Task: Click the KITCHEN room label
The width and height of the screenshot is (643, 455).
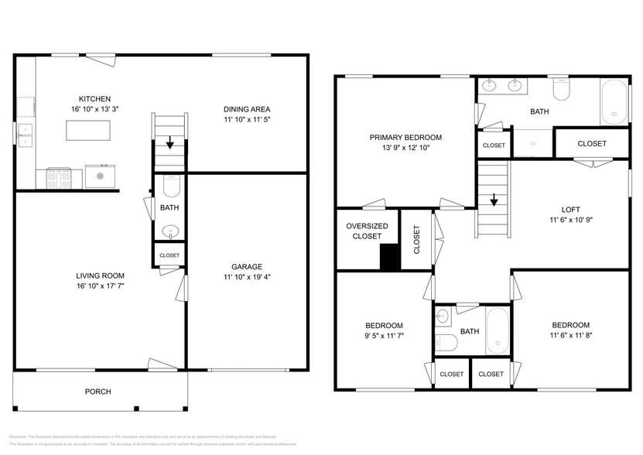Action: pyautogui.click(x=94, y=99)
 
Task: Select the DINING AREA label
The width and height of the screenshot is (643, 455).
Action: pyautogui.click(x=247, y=109)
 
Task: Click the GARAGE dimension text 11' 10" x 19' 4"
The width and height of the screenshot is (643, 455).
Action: pyautogui.click(x=247, y=276)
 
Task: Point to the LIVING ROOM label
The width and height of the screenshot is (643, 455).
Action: pyautogui.click(x=100, y=275)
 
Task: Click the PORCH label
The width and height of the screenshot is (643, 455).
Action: pyautogui.click(x=97, y=392)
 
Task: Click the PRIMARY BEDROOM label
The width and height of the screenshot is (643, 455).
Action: pyautogui.click(x=405, y=137)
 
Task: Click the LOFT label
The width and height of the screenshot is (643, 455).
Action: pyautogui.click(x=570, y=209)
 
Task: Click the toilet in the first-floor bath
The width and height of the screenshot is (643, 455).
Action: pyautogui.click(x=170, y=186)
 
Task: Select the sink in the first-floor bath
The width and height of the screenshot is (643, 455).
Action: pyautogui.click(x=170, y=231)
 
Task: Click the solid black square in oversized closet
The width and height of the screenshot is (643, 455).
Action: pyautogui.click(x=390, y=258)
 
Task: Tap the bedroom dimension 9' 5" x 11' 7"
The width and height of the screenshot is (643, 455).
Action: pyautogui.click(x=384, y=336)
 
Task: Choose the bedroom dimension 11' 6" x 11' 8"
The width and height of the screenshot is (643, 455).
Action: pyautogui.click(x=570, y=336)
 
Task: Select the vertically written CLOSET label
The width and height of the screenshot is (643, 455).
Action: pyautogui.click(x=416, y=240)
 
